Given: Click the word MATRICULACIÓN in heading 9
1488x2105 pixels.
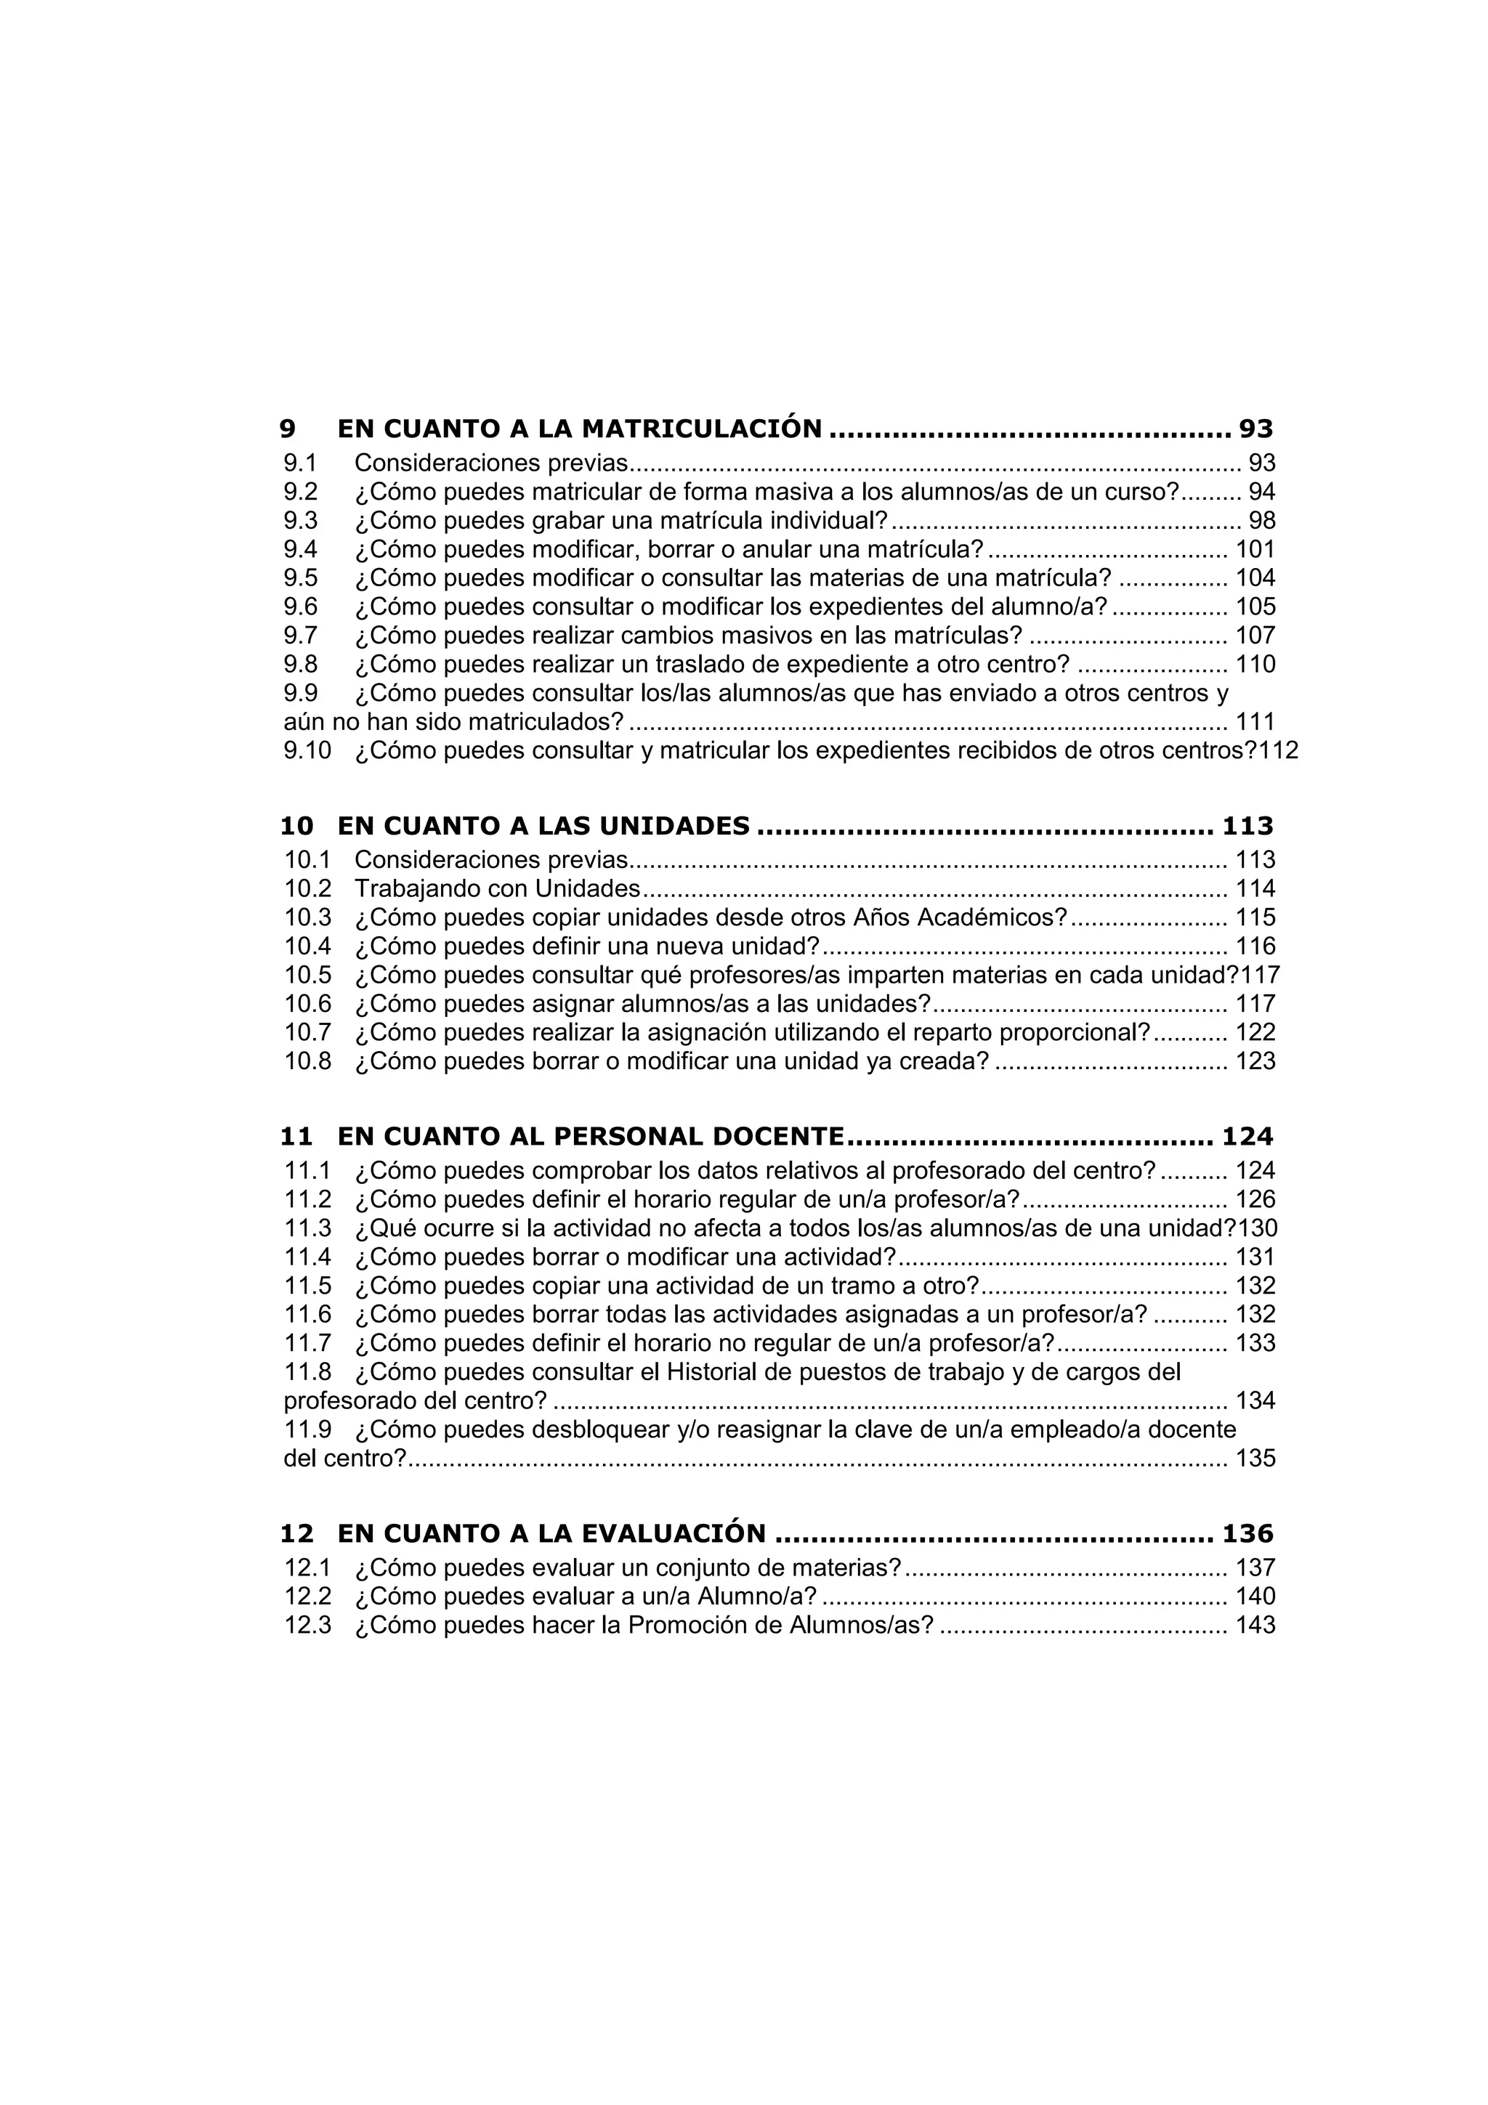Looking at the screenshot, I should coord(701,429).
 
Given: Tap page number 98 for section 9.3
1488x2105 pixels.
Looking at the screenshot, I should coord(1261,521).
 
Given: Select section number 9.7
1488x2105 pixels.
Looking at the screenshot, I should coord(301,636).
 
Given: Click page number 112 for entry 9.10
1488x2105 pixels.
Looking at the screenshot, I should coord(1279,751).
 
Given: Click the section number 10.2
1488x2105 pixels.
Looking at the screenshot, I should coord(307,888).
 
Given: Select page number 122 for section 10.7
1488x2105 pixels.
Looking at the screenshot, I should coord(1255,1032).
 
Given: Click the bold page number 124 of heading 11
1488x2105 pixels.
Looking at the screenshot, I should coord(1247,1137).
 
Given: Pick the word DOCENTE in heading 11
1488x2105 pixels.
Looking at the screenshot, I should coord(777,1137).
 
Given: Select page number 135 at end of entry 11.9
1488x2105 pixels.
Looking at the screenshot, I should coord(1255,1459).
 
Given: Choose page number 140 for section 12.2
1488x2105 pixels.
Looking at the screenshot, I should coord(1255,1596).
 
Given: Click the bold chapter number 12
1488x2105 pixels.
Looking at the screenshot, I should coord(296,1534).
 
